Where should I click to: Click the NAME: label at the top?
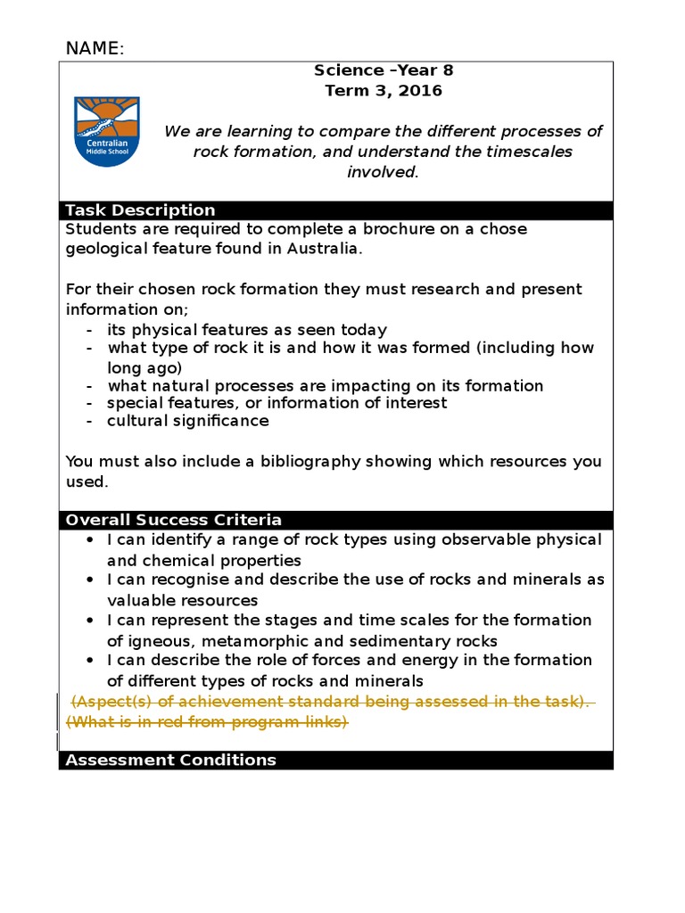[x=95, y=48]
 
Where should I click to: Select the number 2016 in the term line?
[x=422, y=91]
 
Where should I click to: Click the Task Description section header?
[x=140, y=210]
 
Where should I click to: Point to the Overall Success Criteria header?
[x=174, y=520]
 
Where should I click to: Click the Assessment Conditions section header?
[x=170, y=760]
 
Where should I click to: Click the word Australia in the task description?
[x=324, y=249]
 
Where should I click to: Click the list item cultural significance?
[x=187, y=421]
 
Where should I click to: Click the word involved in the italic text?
[x=381, y=172]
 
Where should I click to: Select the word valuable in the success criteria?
[x=138, y=601]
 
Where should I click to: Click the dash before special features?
[x=90, y=404]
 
